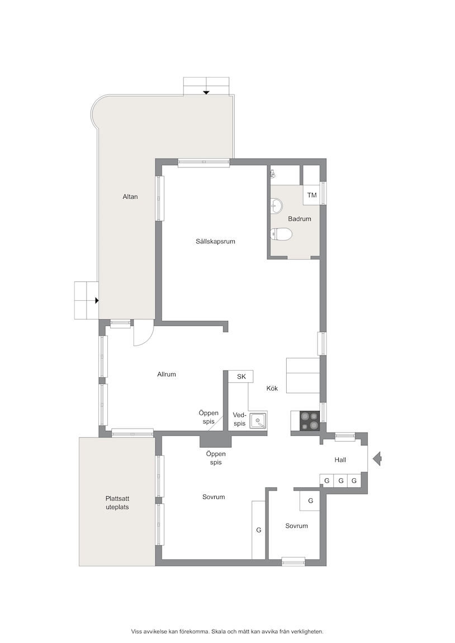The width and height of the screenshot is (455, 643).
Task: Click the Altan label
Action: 130,197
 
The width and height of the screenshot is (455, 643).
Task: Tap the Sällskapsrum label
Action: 215,242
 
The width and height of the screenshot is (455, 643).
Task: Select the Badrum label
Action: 300,219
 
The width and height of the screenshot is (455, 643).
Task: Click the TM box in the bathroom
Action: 312,195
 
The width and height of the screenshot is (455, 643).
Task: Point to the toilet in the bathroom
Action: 281,234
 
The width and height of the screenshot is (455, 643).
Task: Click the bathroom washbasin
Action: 276,205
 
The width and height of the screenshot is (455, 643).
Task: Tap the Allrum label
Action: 167,375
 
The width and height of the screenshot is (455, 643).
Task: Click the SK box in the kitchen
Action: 241,376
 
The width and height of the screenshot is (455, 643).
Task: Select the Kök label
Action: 272,388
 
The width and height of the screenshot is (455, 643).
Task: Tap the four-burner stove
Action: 309,421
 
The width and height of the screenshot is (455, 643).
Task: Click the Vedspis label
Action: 239,419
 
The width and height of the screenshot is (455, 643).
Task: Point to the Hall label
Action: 340,460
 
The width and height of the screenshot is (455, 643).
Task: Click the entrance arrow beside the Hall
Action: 377,458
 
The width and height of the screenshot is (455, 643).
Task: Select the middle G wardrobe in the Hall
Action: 341,481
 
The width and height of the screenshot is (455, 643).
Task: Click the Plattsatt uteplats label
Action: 117,503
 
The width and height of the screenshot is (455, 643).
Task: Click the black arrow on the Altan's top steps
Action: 206,93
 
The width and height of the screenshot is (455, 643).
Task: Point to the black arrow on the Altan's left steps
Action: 97,301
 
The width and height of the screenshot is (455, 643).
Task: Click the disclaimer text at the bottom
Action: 228,631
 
